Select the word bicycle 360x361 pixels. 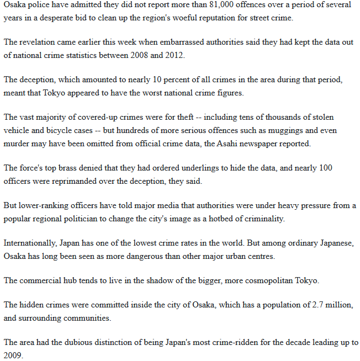tap(76, 130)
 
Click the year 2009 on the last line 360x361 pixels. tap(13, 355)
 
